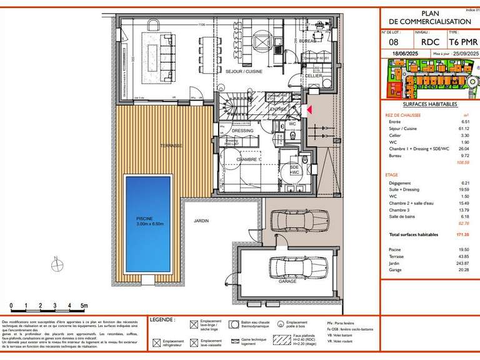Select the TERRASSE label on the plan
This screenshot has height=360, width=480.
coord(171,146)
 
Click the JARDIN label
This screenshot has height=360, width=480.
coord(201,221)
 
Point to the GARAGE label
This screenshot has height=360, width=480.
coord(287,282)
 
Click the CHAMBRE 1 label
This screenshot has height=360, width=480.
coord(248,160)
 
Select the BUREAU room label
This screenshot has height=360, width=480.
coord(307,41)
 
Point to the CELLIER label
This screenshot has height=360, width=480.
coord(313,75)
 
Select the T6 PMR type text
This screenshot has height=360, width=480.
coord(458,42)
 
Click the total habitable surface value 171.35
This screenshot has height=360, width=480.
coord(462,234)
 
